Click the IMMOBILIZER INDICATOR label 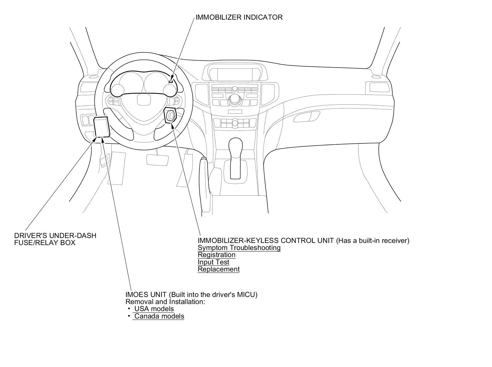[239, 17]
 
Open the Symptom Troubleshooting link [239, 248]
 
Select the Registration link [216, 255]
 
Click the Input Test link [213, 262]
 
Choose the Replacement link [219, 269]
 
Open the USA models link [154, 309]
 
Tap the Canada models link [159, 316]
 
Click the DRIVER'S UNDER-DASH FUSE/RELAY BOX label [55, 239]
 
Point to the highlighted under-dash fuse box [102, 127]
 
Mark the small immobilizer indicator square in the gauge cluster [171, 81]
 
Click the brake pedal [157, 160]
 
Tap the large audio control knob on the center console [235, 99]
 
